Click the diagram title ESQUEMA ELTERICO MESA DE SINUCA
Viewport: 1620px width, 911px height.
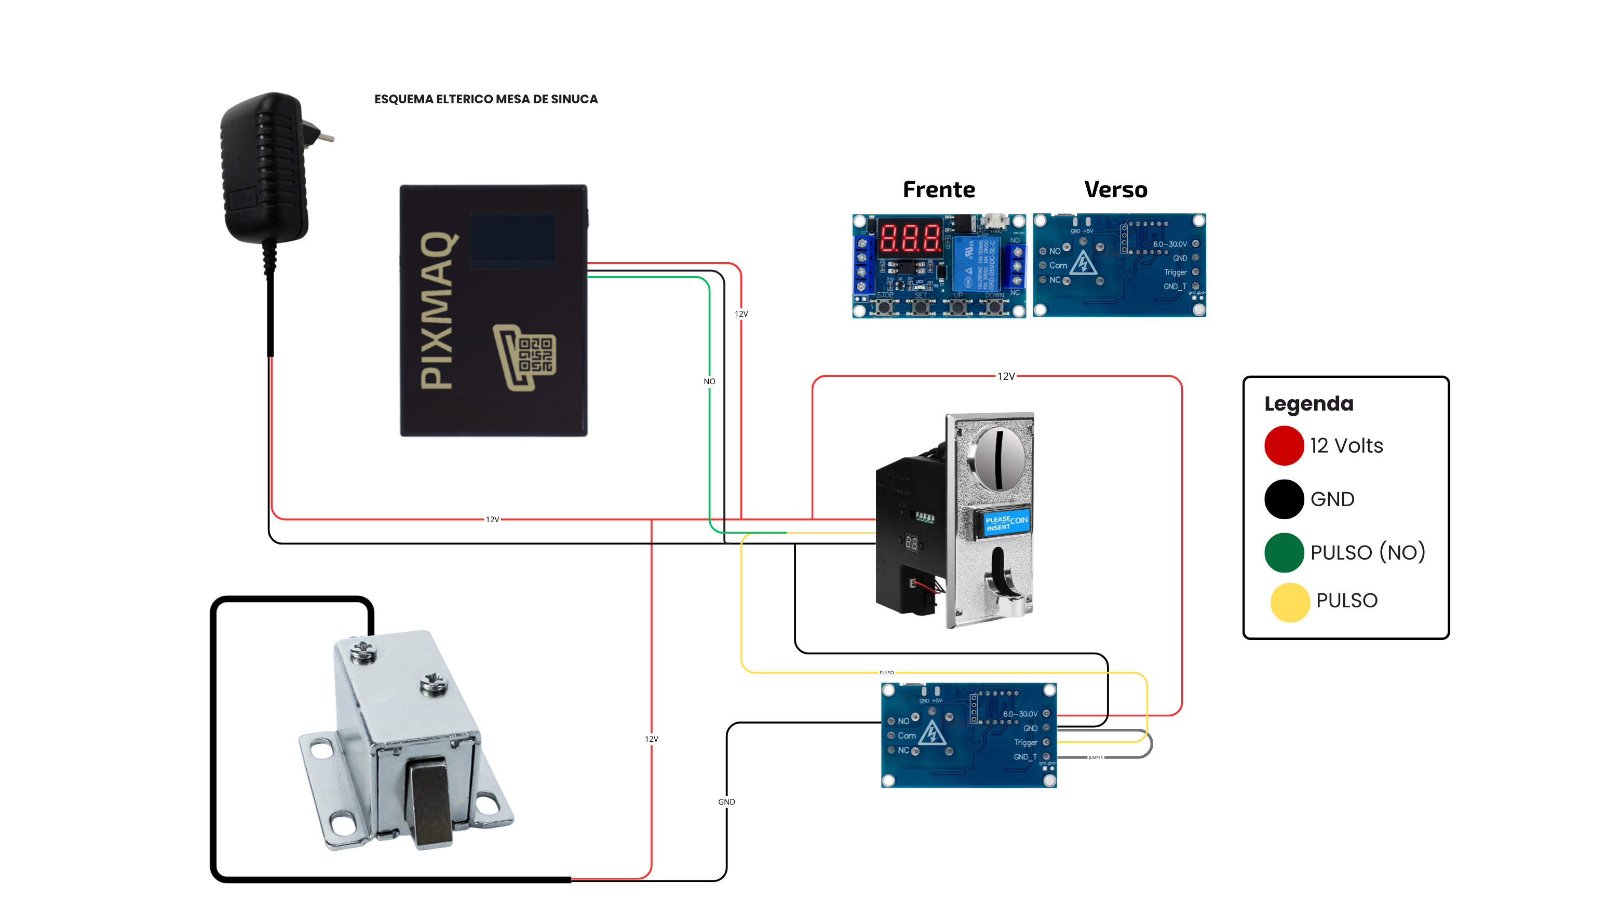point(485,99)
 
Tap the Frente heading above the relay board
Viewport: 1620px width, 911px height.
point(938,190)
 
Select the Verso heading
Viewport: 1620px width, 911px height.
point(1116,190)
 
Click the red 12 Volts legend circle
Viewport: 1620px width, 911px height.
point(1284,446)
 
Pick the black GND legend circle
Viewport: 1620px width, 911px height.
point(1284,499)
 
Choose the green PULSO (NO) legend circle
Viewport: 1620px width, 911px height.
point(1284,553)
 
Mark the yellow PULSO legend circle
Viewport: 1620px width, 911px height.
point(1289,602)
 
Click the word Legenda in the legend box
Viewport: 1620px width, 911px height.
point(1308,404)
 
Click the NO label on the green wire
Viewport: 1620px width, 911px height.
point(709,382)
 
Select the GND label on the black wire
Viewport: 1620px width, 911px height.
point(726,801)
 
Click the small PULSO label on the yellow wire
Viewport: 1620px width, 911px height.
point(886,673)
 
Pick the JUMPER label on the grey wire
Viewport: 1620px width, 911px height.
point(1096,757)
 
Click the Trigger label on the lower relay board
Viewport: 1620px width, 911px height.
point(1025,742)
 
